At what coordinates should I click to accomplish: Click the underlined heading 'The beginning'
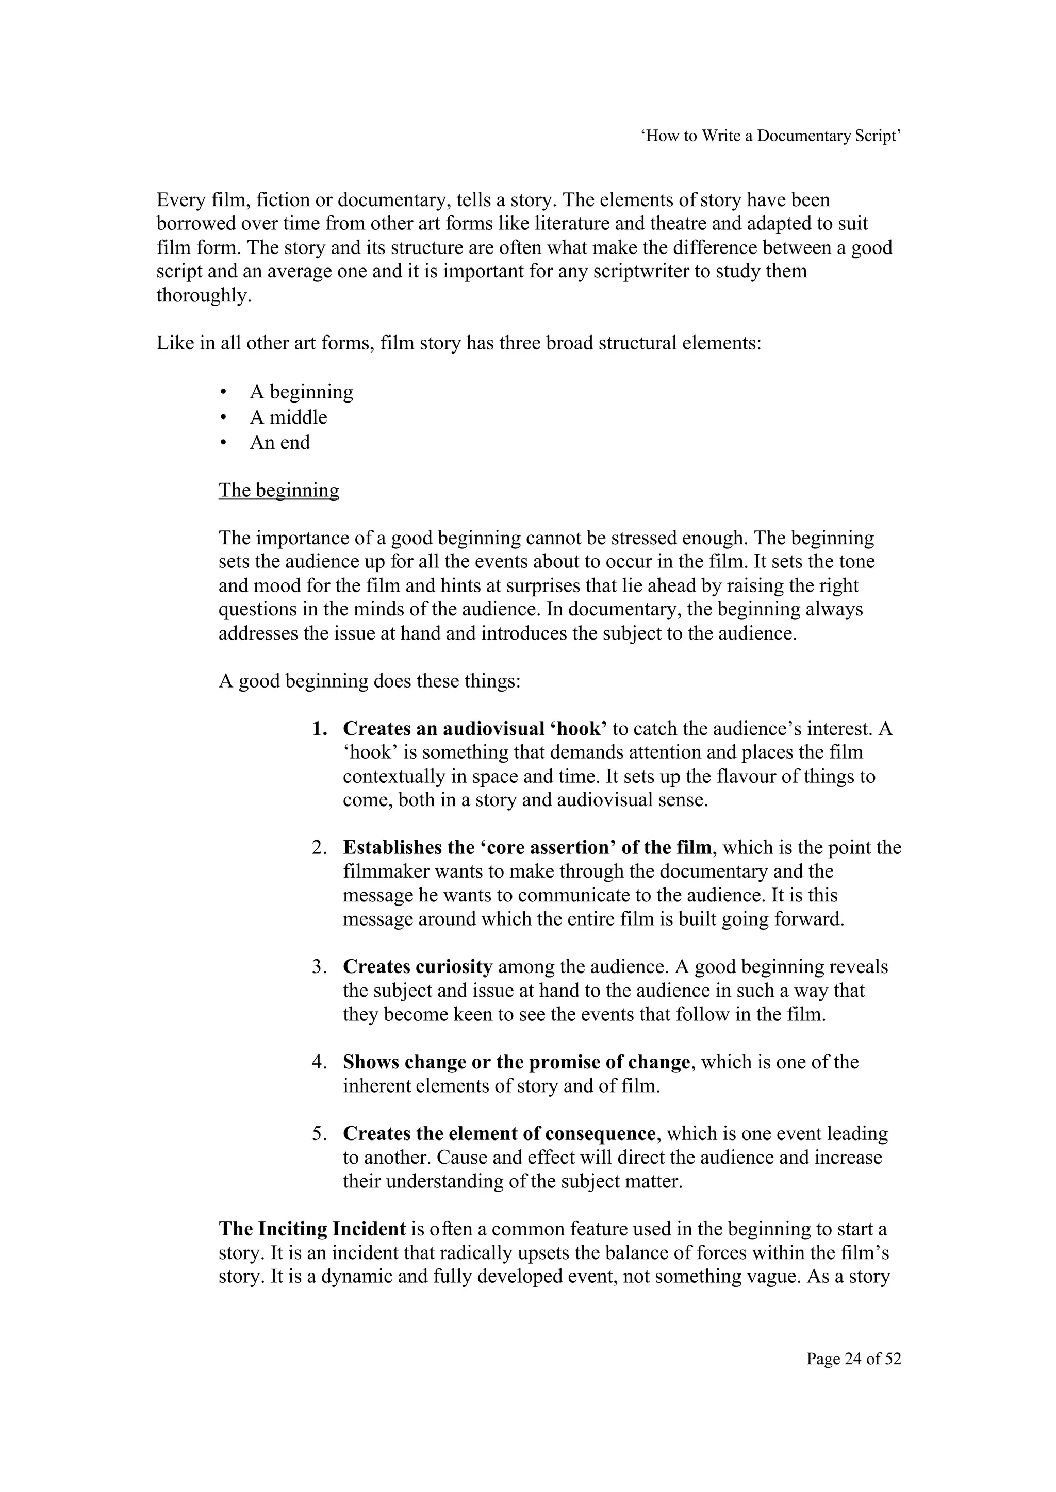[x=278, y=490]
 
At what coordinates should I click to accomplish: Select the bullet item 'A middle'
[x=288, y=417]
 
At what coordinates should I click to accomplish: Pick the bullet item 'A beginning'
[x=301, y=392]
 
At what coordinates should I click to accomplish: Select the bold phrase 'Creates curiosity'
[x=418, y=967]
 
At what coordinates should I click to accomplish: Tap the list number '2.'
[x=319, y=848]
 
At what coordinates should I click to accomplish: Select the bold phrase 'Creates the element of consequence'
[x=499, y=1134]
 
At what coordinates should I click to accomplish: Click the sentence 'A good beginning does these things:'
[x=369, y=681]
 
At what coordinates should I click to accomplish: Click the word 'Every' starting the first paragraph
[x=180, y=199]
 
